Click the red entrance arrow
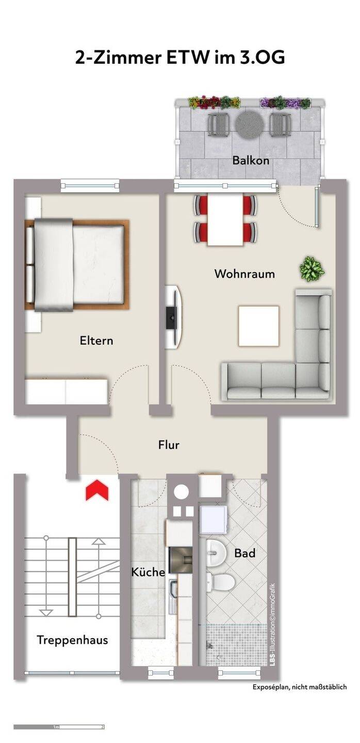97,491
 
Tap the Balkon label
251,160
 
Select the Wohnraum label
244,274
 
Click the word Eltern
96,341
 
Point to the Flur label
169,445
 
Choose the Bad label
245,553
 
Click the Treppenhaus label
73,640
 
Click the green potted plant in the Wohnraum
312,269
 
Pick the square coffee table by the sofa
258,326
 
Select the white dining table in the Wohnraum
225,220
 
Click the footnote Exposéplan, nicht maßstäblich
300,687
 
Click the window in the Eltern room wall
90,185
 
